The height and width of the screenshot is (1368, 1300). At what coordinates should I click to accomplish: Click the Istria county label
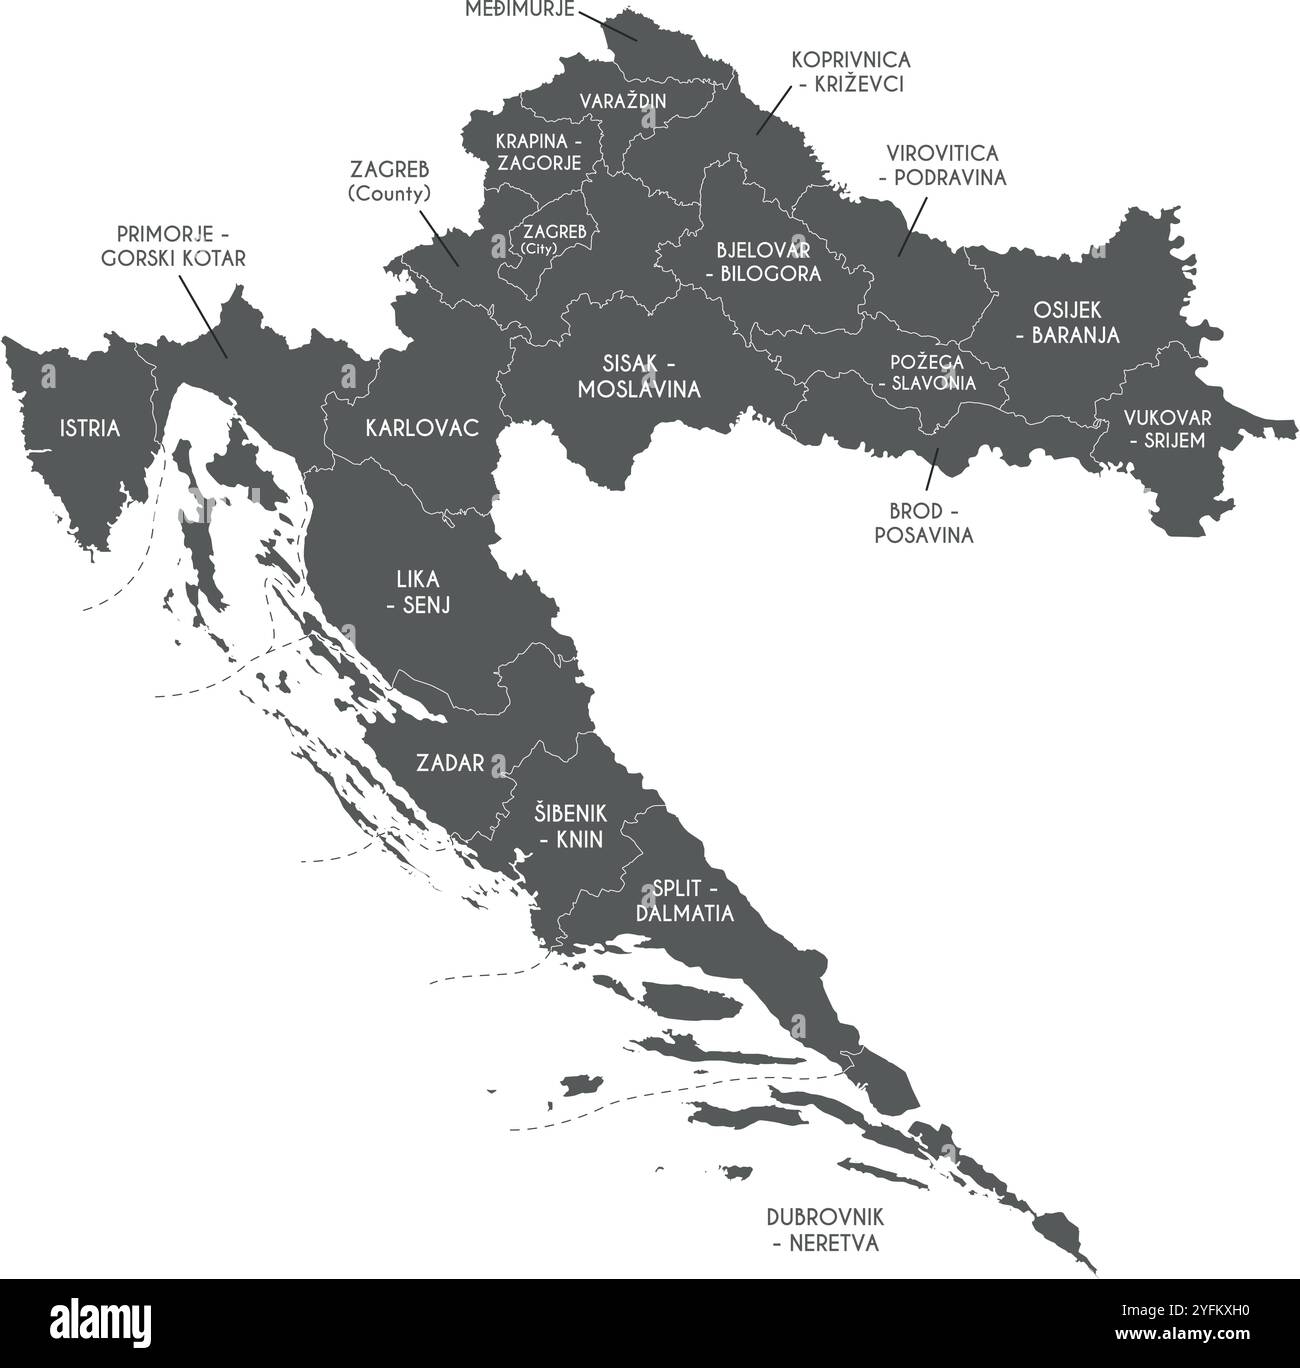[x=90, y=429]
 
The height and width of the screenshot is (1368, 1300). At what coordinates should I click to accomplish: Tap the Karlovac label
[x=422, y=429]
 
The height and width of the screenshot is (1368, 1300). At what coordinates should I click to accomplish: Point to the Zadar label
[x=450, y=764]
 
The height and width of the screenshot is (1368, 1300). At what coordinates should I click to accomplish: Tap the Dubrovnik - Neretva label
[x=825, y=1230]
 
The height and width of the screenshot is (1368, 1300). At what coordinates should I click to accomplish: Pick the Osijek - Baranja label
[x=1061, y=323]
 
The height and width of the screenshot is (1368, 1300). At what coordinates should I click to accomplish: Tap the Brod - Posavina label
[x=923, y=523]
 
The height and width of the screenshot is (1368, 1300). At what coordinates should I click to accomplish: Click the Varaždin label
[x=623, y=101]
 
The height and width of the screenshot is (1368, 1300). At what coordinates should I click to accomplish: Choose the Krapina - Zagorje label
[x=538, y=151]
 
